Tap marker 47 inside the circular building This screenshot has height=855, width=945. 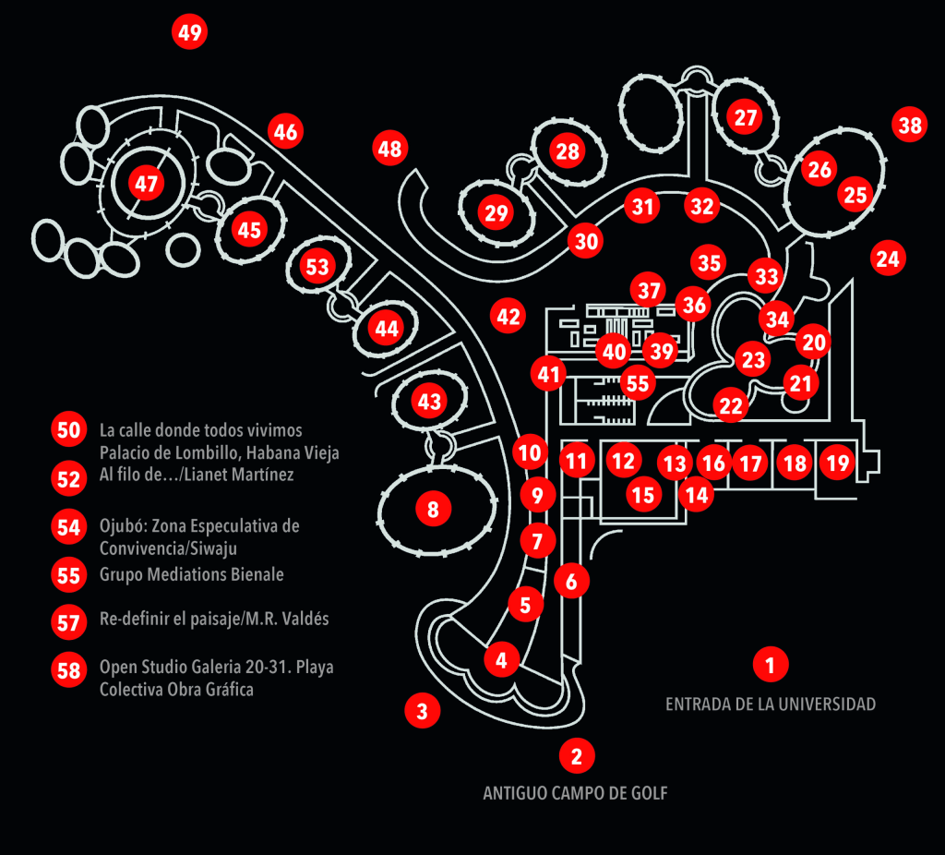point(147,184)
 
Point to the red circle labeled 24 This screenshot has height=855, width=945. point(888,259)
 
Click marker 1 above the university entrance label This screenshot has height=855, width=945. point(771,663)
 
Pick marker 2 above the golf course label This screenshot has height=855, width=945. point(577,756)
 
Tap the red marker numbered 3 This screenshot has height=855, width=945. point(422,711)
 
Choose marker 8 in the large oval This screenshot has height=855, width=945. point(433,508)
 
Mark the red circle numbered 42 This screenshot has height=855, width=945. point(508,317)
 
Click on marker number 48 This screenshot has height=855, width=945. point(390,148)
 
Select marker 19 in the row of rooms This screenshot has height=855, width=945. point(837,462)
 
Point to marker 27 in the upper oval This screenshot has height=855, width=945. point(746,117)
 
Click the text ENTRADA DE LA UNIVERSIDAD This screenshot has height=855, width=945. point(771,704)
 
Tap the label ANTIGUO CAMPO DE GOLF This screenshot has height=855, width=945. point(574,793)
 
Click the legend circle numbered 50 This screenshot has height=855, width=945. point(69,430)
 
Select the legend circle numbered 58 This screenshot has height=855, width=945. point(69,670)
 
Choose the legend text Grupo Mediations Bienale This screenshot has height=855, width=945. point(191,574)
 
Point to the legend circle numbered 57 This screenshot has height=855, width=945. point(69,622)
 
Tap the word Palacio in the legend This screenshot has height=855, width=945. point(126,452)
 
